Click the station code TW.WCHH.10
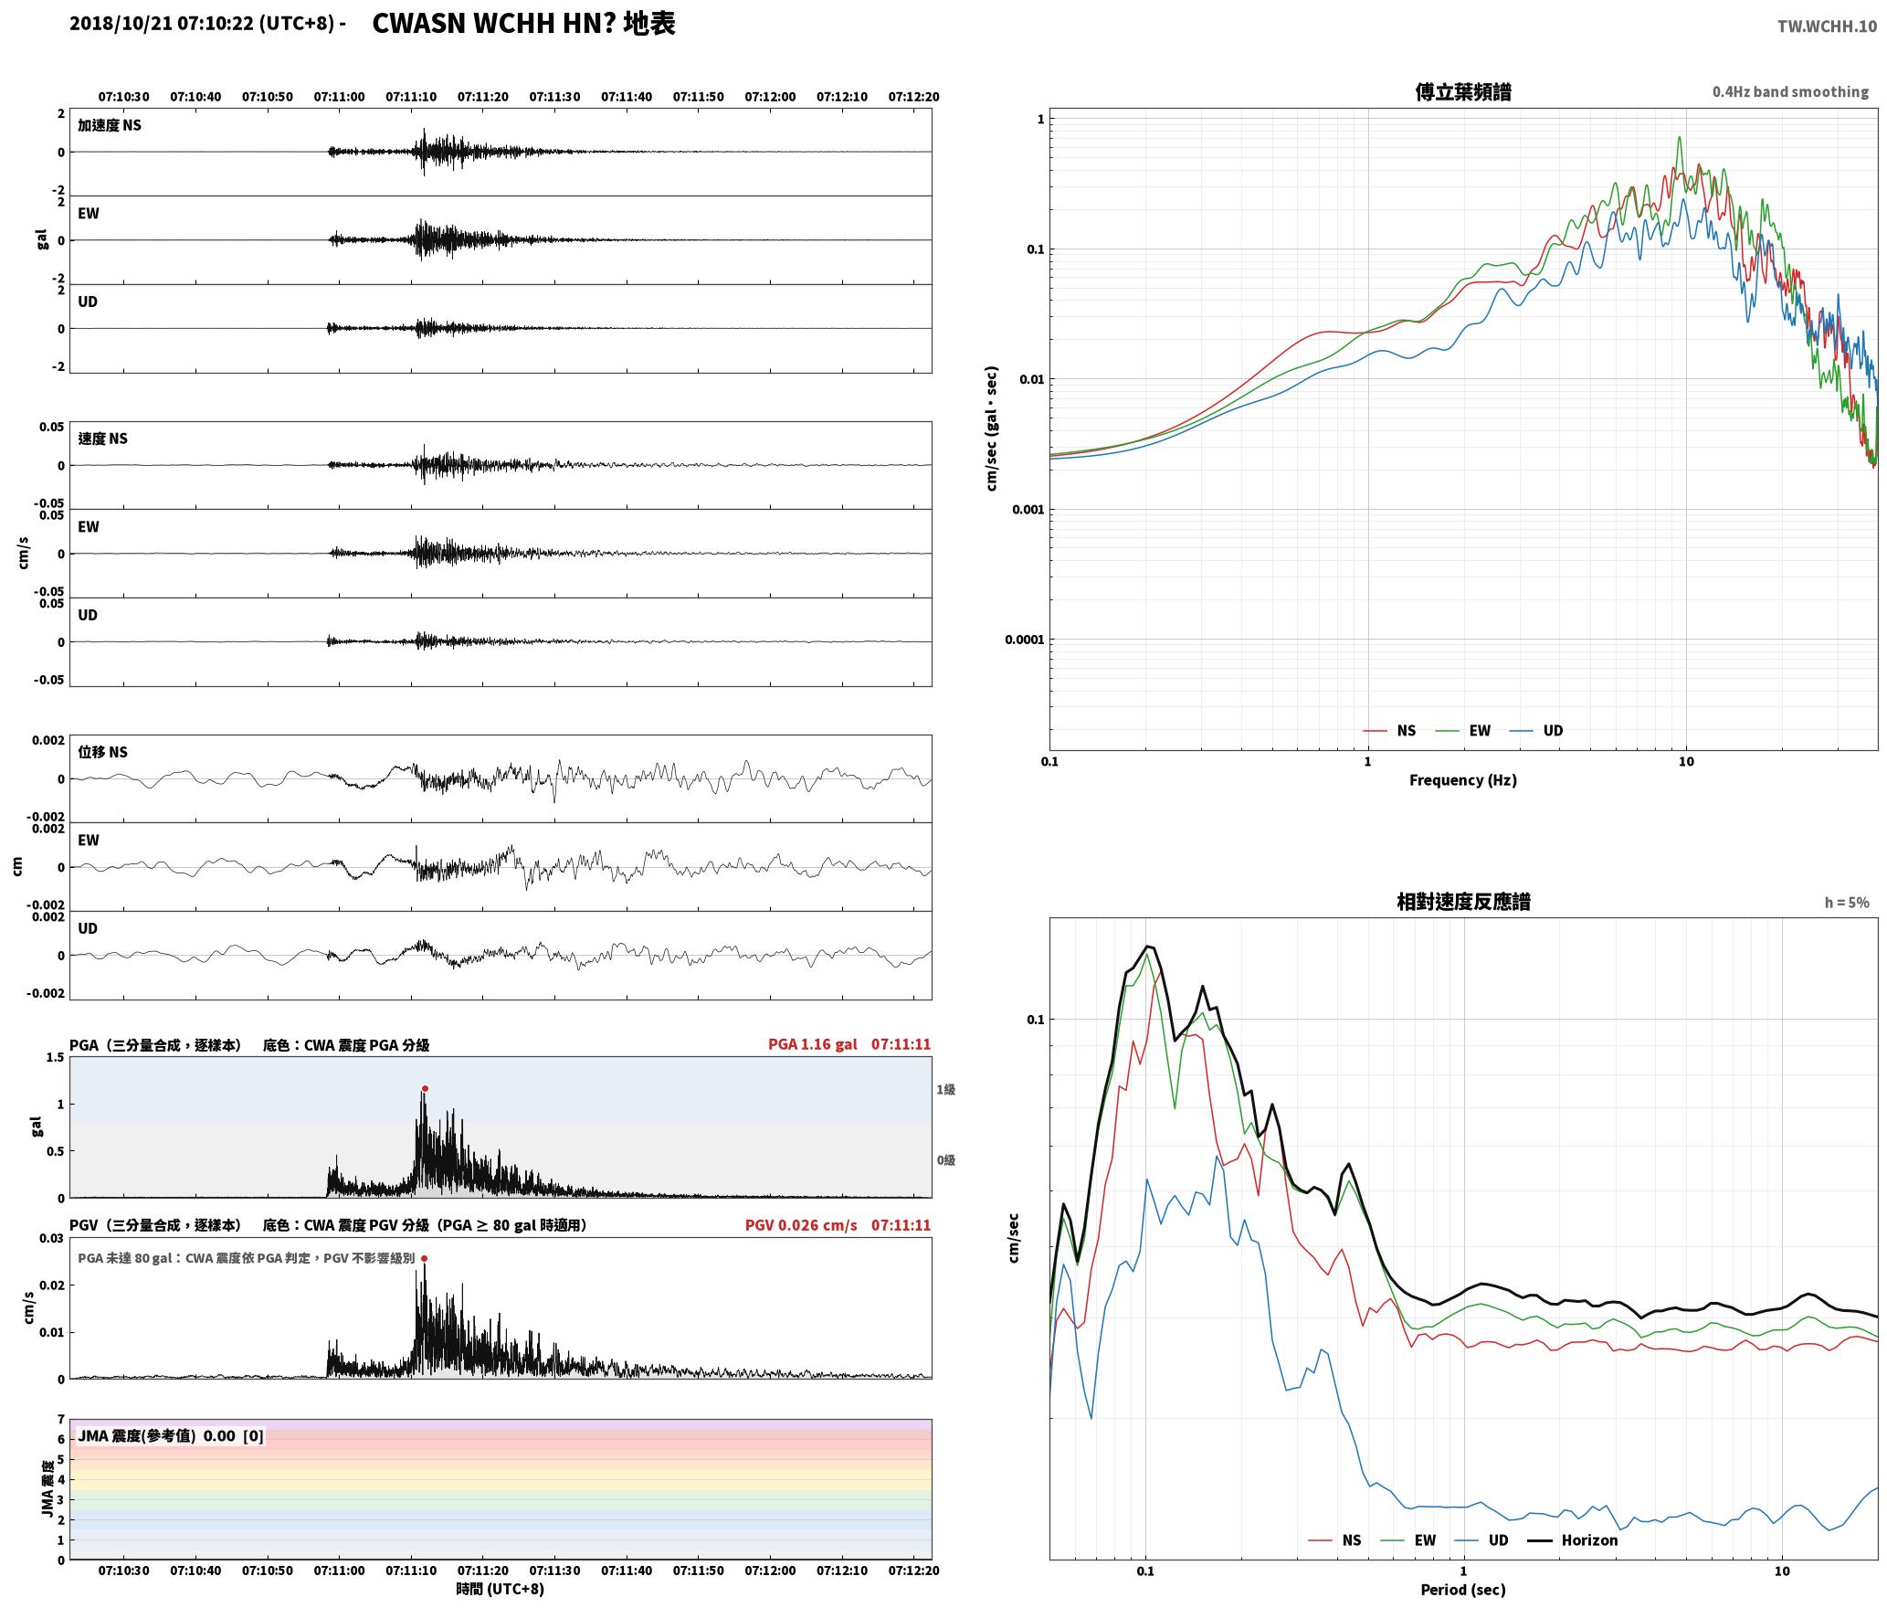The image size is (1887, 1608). point(1827,26)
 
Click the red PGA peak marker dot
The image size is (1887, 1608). point(425,1088)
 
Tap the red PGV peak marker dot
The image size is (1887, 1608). point(424,1258)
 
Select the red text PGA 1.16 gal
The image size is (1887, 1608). point(812,1043)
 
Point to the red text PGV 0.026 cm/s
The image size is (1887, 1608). point(801,1224)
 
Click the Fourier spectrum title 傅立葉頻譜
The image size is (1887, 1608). point(1462,91)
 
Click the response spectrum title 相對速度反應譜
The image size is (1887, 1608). point(1463,901)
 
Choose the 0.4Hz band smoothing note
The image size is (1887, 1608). point(1790,91)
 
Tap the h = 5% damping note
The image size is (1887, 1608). point(1847,902)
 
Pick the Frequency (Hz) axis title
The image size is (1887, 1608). point(1462,779)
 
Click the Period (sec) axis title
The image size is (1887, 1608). point(1462,1589)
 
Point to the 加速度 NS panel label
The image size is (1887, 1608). point(110,125)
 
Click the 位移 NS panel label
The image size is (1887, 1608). point(103,752)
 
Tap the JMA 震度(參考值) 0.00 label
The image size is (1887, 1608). point(171,1435)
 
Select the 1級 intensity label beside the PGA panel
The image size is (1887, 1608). point(945,1089)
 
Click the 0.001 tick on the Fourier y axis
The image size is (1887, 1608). point(1028,509)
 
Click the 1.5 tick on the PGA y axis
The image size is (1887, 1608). point(56,1057)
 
